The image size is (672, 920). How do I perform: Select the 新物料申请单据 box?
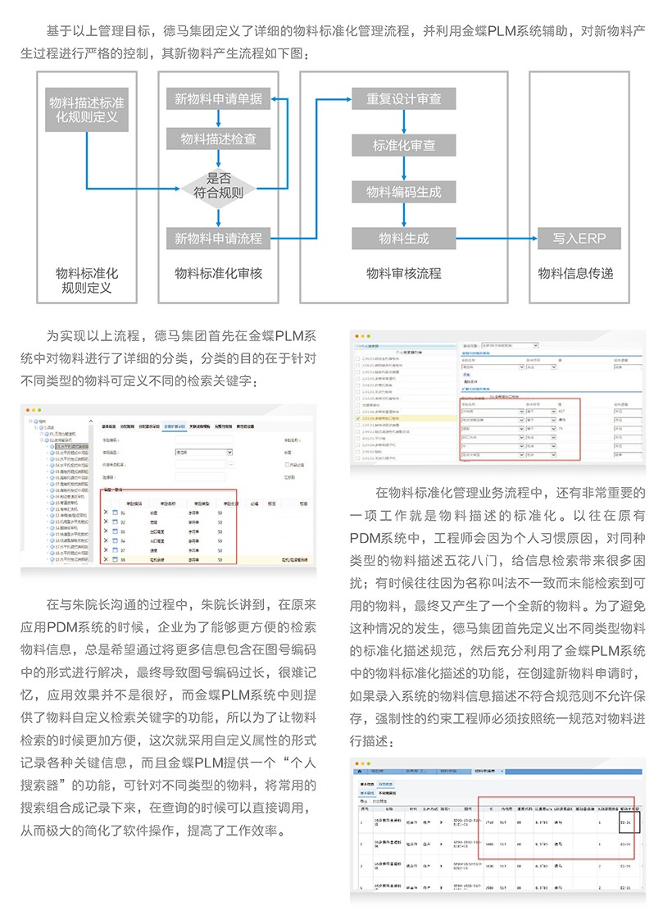(218, 99)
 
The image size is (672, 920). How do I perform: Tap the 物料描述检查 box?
(218, 139)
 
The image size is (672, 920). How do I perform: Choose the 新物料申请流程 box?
(218, 239)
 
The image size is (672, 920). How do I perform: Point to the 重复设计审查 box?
(403, 99)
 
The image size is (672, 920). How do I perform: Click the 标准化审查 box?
(403, 145)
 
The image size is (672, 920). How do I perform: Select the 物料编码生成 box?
(403, 192)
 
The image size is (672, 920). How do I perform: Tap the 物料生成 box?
(403, 239)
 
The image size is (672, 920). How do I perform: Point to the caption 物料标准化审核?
(218, 273)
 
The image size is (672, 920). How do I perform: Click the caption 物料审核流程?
(403, 273)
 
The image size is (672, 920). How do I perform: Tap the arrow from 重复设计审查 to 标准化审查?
(403, 122)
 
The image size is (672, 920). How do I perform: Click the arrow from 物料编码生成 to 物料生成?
(403, 215)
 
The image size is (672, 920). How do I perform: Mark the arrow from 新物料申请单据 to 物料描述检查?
(218, 119)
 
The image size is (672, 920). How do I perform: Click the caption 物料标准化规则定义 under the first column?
(87, 280)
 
